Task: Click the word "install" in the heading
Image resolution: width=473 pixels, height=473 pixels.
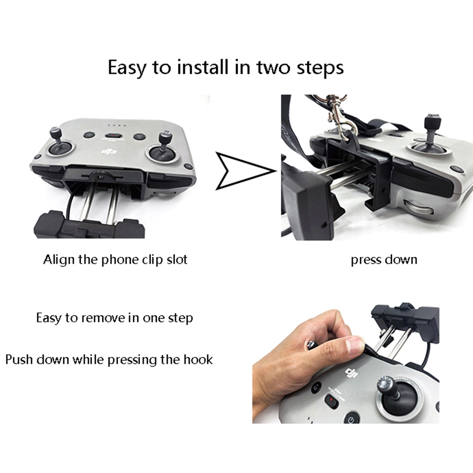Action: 203,67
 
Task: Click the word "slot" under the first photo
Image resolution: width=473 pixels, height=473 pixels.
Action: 177,260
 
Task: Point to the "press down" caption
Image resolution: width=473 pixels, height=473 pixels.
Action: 384,260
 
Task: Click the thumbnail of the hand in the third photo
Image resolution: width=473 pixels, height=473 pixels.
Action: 355,345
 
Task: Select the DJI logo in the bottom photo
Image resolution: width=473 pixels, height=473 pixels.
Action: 351,373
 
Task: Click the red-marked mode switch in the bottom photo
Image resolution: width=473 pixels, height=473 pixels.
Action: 331,401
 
